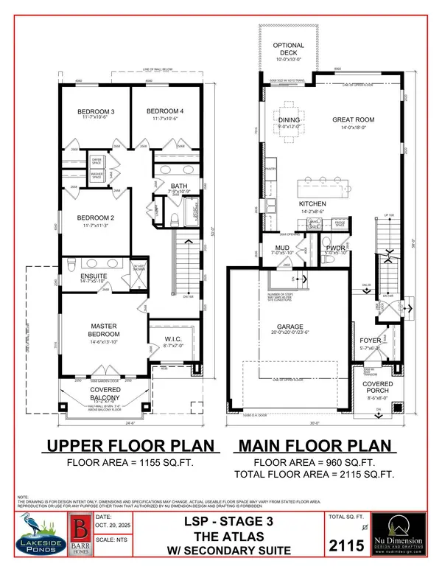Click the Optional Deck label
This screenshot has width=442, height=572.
click(289, 50)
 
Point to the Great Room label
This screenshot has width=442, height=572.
click(354, 119)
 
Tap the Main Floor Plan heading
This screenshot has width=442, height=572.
click(315, 446)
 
